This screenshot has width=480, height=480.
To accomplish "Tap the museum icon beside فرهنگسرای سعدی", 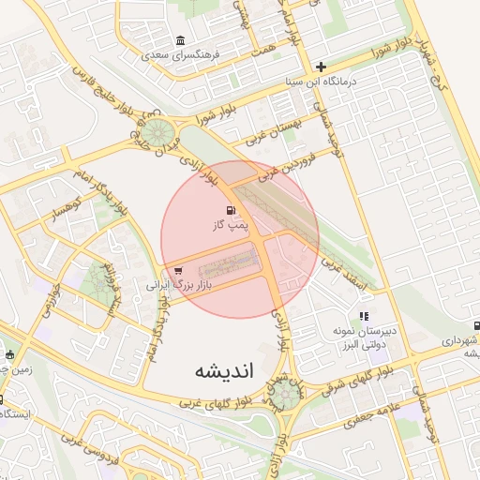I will pos(181,40).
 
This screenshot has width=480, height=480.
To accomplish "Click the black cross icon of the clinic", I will pos(322,67).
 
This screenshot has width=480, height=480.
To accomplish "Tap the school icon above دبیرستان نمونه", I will pos(364,317).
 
